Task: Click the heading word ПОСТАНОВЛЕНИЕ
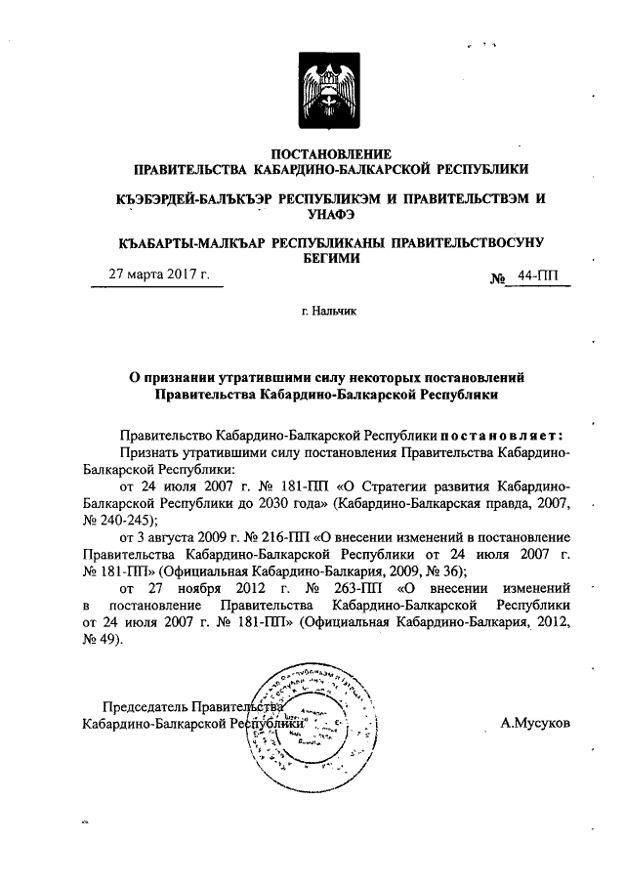330,153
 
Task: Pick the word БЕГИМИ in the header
330,258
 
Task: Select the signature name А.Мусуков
534,723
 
